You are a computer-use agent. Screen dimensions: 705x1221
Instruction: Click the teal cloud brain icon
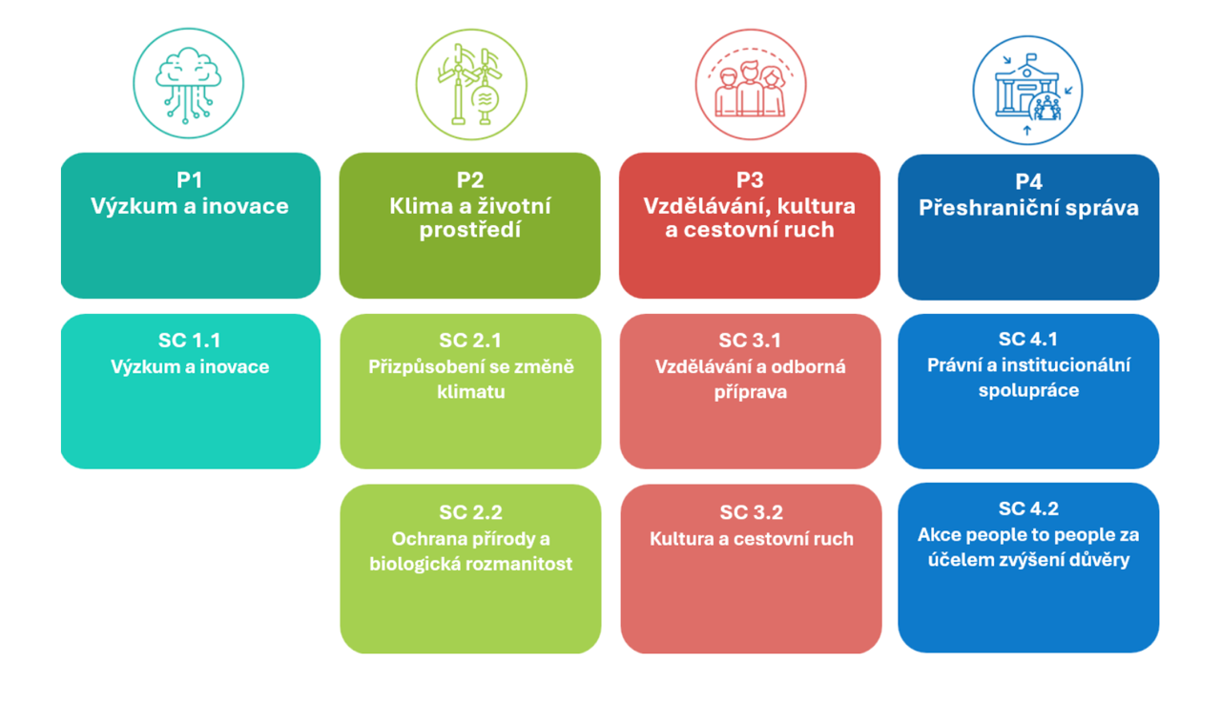pos(188,84)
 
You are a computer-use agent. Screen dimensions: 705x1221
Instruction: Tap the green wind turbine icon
pos(471,84)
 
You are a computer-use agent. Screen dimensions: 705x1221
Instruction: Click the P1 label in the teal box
pos(190,180)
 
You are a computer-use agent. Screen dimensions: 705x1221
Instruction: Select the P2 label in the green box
pos(470,180)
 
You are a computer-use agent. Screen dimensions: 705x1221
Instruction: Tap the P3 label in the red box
pos(750,180)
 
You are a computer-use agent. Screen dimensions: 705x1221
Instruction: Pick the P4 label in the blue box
pos(1028,182)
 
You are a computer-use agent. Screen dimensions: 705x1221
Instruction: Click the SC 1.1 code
pos(190,341)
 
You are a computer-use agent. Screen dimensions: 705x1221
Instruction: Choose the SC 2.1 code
pos(470,341)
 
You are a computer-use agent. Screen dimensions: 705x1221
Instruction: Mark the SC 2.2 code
pos(470,513)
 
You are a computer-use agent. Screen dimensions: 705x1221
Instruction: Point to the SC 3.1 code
pos(750,341)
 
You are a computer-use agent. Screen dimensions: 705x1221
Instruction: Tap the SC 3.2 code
pos(751,513)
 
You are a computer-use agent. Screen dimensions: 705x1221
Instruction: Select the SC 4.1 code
pos(1028,339)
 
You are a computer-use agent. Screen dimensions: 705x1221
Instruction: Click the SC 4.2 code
pos(1028,509)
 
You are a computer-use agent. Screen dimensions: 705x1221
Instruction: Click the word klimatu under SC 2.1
pos(470,392)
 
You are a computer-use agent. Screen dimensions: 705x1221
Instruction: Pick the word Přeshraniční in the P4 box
pos(977,207)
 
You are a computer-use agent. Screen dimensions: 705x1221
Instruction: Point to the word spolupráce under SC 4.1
pos(1028,390)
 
